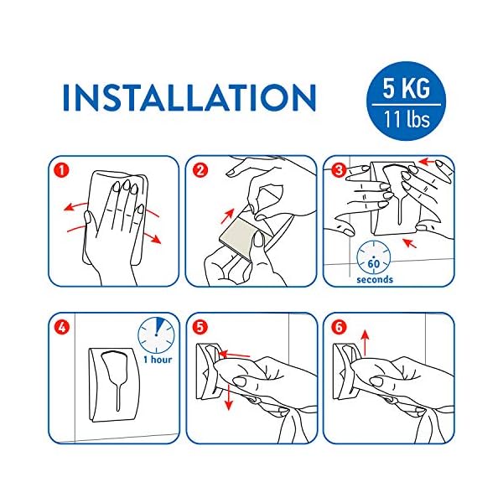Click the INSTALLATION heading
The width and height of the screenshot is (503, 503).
pyautogui.click(x=189, y=97)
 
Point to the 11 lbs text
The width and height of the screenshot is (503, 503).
pyautogui.click(x=407, y=119)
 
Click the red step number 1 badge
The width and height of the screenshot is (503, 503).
pyautogui.click(x=62, y=170)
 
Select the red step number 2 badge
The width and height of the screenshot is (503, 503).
pyautogui.click(x=200, y=170)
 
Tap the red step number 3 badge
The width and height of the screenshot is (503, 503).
pyautogui.click(x=339, y=170)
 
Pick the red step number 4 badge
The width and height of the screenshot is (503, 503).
pyautogui.click(x=62, y=328)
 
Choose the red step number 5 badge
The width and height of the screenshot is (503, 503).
pyautogui.click(x=200, y=328)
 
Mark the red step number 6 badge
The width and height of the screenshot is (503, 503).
pyautogui.click(x=339, y=328)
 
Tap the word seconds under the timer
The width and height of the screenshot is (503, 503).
pyautogui.click(x=375, y=279)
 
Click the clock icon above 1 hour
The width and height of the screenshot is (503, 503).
pyautogui.click(x=156, y=335)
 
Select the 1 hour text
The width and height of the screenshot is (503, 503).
pyautogui.click(x=158, y=360)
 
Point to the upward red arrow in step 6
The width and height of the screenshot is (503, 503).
pyautogui.click(x=365, y=343)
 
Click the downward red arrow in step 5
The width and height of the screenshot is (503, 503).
pyautogui.click(x=228, y=397)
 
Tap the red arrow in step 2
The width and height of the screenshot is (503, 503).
pyautogui.click(x=228, y=216)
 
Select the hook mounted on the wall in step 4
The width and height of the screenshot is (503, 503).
pyautogui.click(x=114, y=385)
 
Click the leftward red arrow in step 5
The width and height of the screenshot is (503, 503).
pyautogui.click(x=234, y=355)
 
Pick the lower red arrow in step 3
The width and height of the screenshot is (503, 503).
pyautogui.click(x=410, y=243)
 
